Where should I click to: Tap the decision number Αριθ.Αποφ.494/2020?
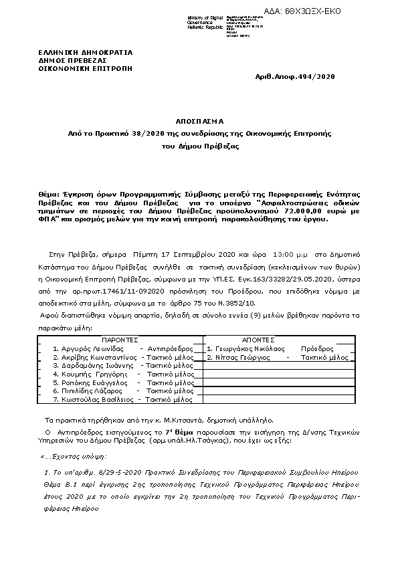pos(296,77)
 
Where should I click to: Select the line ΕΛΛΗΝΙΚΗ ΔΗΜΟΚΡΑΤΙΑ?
pos(86,51)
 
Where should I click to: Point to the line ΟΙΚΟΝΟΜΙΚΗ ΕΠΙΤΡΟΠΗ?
pos(86,68)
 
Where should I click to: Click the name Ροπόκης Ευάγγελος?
pos(90,382)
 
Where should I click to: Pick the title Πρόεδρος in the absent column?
pos(316,349)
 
